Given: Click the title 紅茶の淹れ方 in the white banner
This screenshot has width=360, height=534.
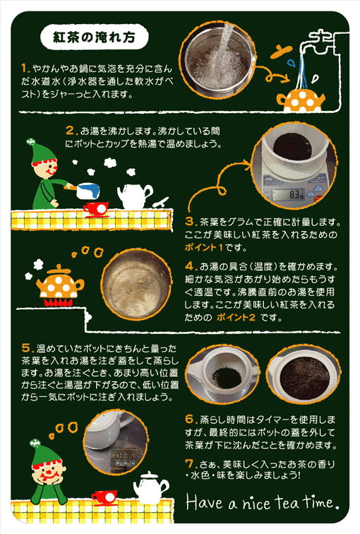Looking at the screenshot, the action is tap(95, 37).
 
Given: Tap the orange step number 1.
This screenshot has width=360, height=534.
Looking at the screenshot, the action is tap(25, 69).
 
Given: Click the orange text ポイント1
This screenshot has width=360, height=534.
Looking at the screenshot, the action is tap(203, 247).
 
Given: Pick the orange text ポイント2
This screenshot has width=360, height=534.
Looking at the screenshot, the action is tap(236, 317).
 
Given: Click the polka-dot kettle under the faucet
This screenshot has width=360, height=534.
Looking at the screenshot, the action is tap(301, 100).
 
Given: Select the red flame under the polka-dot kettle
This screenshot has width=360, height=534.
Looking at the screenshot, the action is tap(57, 302).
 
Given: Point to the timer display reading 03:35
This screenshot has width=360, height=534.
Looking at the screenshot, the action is tap(124, 456).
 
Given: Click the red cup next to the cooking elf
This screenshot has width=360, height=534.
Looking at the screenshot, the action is tap(96, 210).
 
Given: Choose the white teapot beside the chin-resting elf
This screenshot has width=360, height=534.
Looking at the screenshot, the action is tap(151, 487).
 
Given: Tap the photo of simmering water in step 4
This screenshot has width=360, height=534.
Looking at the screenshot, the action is tap(136, 285).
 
